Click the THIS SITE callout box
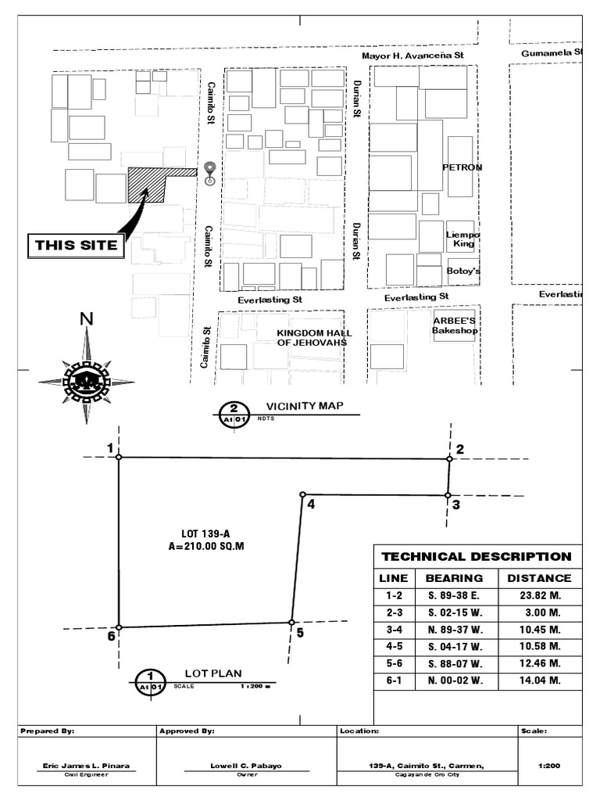pos(77,245)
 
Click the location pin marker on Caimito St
pos(209,172)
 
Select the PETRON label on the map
pos(462,167)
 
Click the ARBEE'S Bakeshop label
pos(455,325)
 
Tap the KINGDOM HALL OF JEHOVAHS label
pos(311,337)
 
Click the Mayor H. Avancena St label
pos(412,56)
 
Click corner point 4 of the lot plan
pos(302,494)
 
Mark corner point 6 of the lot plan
pos(119,627)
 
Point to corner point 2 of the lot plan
pos(449,459)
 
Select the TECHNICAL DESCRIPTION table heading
pos(477,557)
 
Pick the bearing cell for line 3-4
pos(456,629)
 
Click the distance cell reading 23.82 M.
pos(539,594)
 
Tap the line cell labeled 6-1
pos(393,680)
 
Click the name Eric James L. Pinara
pos(86,766)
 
